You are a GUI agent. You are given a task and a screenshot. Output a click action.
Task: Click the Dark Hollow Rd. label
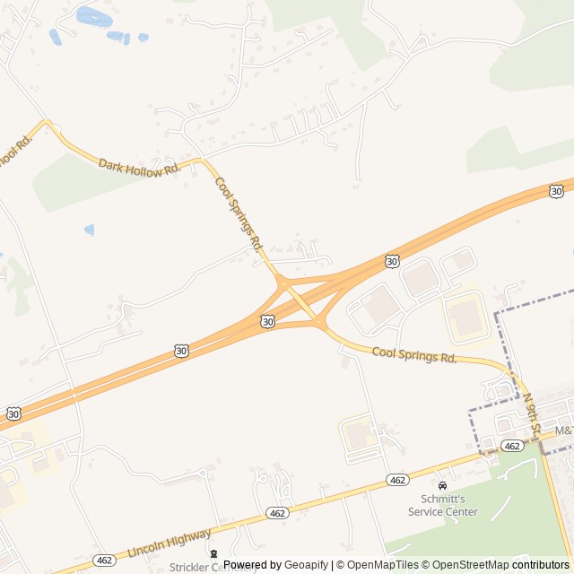(139, 166)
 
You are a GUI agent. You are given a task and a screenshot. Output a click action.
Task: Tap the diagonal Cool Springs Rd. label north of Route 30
(239, 213)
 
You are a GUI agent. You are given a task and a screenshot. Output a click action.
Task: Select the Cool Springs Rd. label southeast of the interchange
(414, 356)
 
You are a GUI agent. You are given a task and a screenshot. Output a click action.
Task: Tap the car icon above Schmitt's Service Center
(442, 485)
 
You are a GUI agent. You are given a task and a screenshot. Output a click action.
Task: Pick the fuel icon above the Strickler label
(213, 553)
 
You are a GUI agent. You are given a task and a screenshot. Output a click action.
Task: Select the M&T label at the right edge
(563, 431)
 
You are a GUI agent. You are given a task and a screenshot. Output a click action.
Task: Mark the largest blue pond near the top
(91, 16)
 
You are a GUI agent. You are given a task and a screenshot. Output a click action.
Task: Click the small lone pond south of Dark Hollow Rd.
(90, 230)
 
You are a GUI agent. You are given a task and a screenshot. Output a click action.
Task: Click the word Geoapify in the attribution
(307, 565)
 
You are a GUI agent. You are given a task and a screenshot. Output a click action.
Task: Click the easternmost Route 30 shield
(557, 191)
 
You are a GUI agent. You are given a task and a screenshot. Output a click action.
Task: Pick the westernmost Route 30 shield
(13, 413)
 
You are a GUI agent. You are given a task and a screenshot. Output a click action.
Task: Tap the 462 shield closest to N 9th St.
(512, 446)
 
